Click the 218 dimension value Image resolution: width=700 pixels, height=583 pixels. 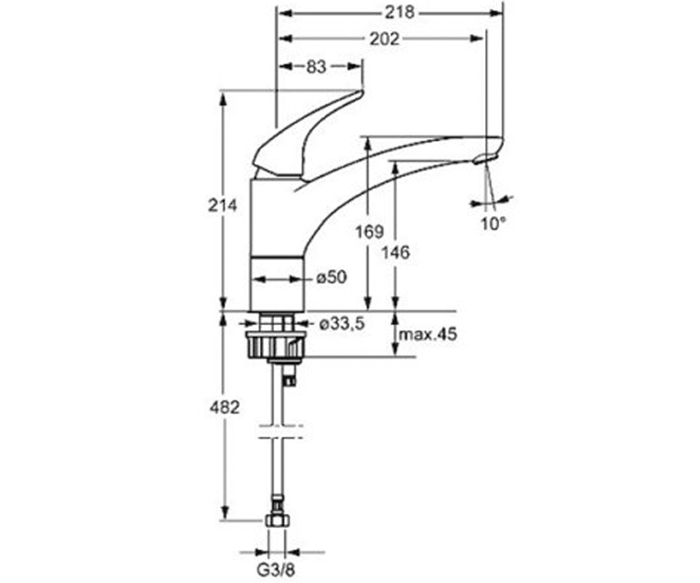pyautogui.click(x=399, y=13)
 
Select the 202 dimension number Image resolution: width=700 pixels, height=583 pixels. pyautogui.click(x=384, y=39)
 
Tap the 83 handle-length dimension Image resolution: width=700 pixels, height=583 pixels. pyautogui.click(x=316, y=66)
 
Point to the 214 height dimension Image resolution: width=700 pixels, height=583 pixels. pyautogui.click(x=222, y=205)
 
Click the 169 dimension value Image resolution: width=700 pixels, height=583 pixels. pyautogui.click(x=369, y=231)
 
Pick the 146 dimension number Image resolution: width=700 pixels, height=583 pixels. pyautogui.click(x=395, y=252)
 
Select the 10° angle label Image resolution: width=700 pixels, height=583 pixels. pyautogui.click(x=493, y=223)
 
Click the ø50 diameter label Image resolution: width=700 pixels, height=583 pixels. pyautogui.click(x=331, y=277)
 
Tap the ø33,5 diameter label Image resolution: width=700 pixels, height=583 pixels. pyautogui.click(x=342, y=324)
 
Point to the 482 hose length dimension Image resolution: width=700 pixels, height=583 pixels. pyautogui.click(x=224, y=408)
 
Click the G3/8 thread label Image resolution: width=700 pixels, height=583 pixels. pyautogui.click(x=276, y=570)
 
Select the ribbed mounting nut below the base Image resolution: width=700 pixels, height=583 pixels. pyautogui.click(x=276, y=345)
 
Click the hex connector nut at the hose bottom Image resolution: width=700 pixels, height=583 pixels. pyautogui.click(x=278, y=530)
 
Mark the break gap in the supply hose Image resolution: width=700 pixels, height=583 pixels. pyautogui.click(x=281, y=431)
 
